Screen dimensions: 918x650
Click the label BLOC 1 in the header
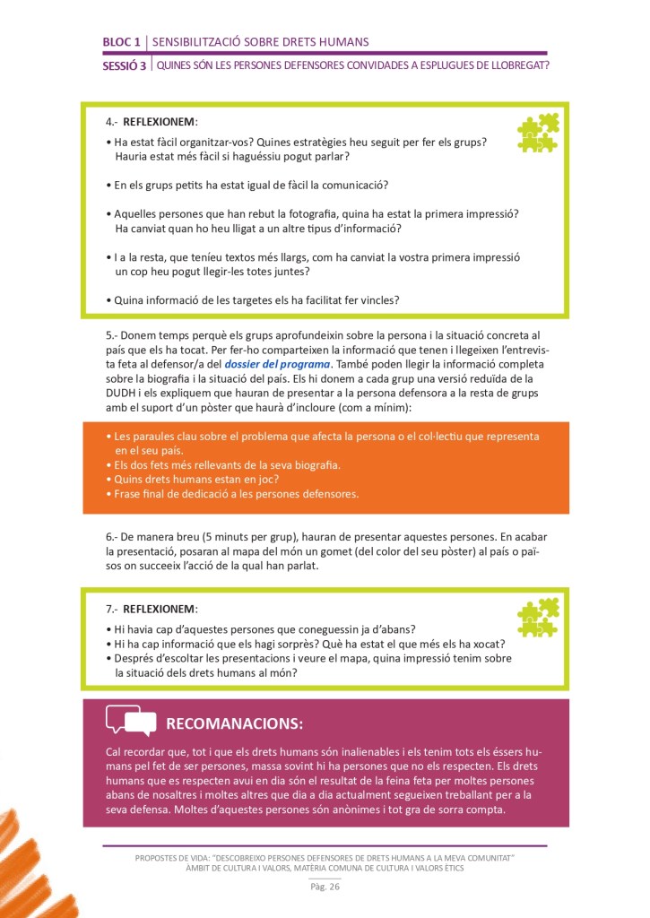click(x=122, y=42)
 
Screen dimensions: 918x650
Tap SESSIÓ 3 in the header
click(x=125, y=65)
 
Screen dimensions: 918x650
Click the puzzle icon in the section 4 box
click(x=538, y=133)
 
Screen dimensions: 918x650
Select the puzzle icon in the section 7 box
click(x=538, y=618)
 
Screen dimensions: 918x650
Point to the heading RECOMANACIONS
click(x=235, y=723)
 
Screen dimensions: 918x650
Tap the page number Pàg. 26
click(x=325, y=888)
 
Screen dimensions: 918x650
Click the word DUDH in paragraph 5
click(x=121, y=392)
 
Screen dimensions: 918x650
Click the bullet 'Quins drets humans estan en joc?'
click(x=188, y=479)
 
